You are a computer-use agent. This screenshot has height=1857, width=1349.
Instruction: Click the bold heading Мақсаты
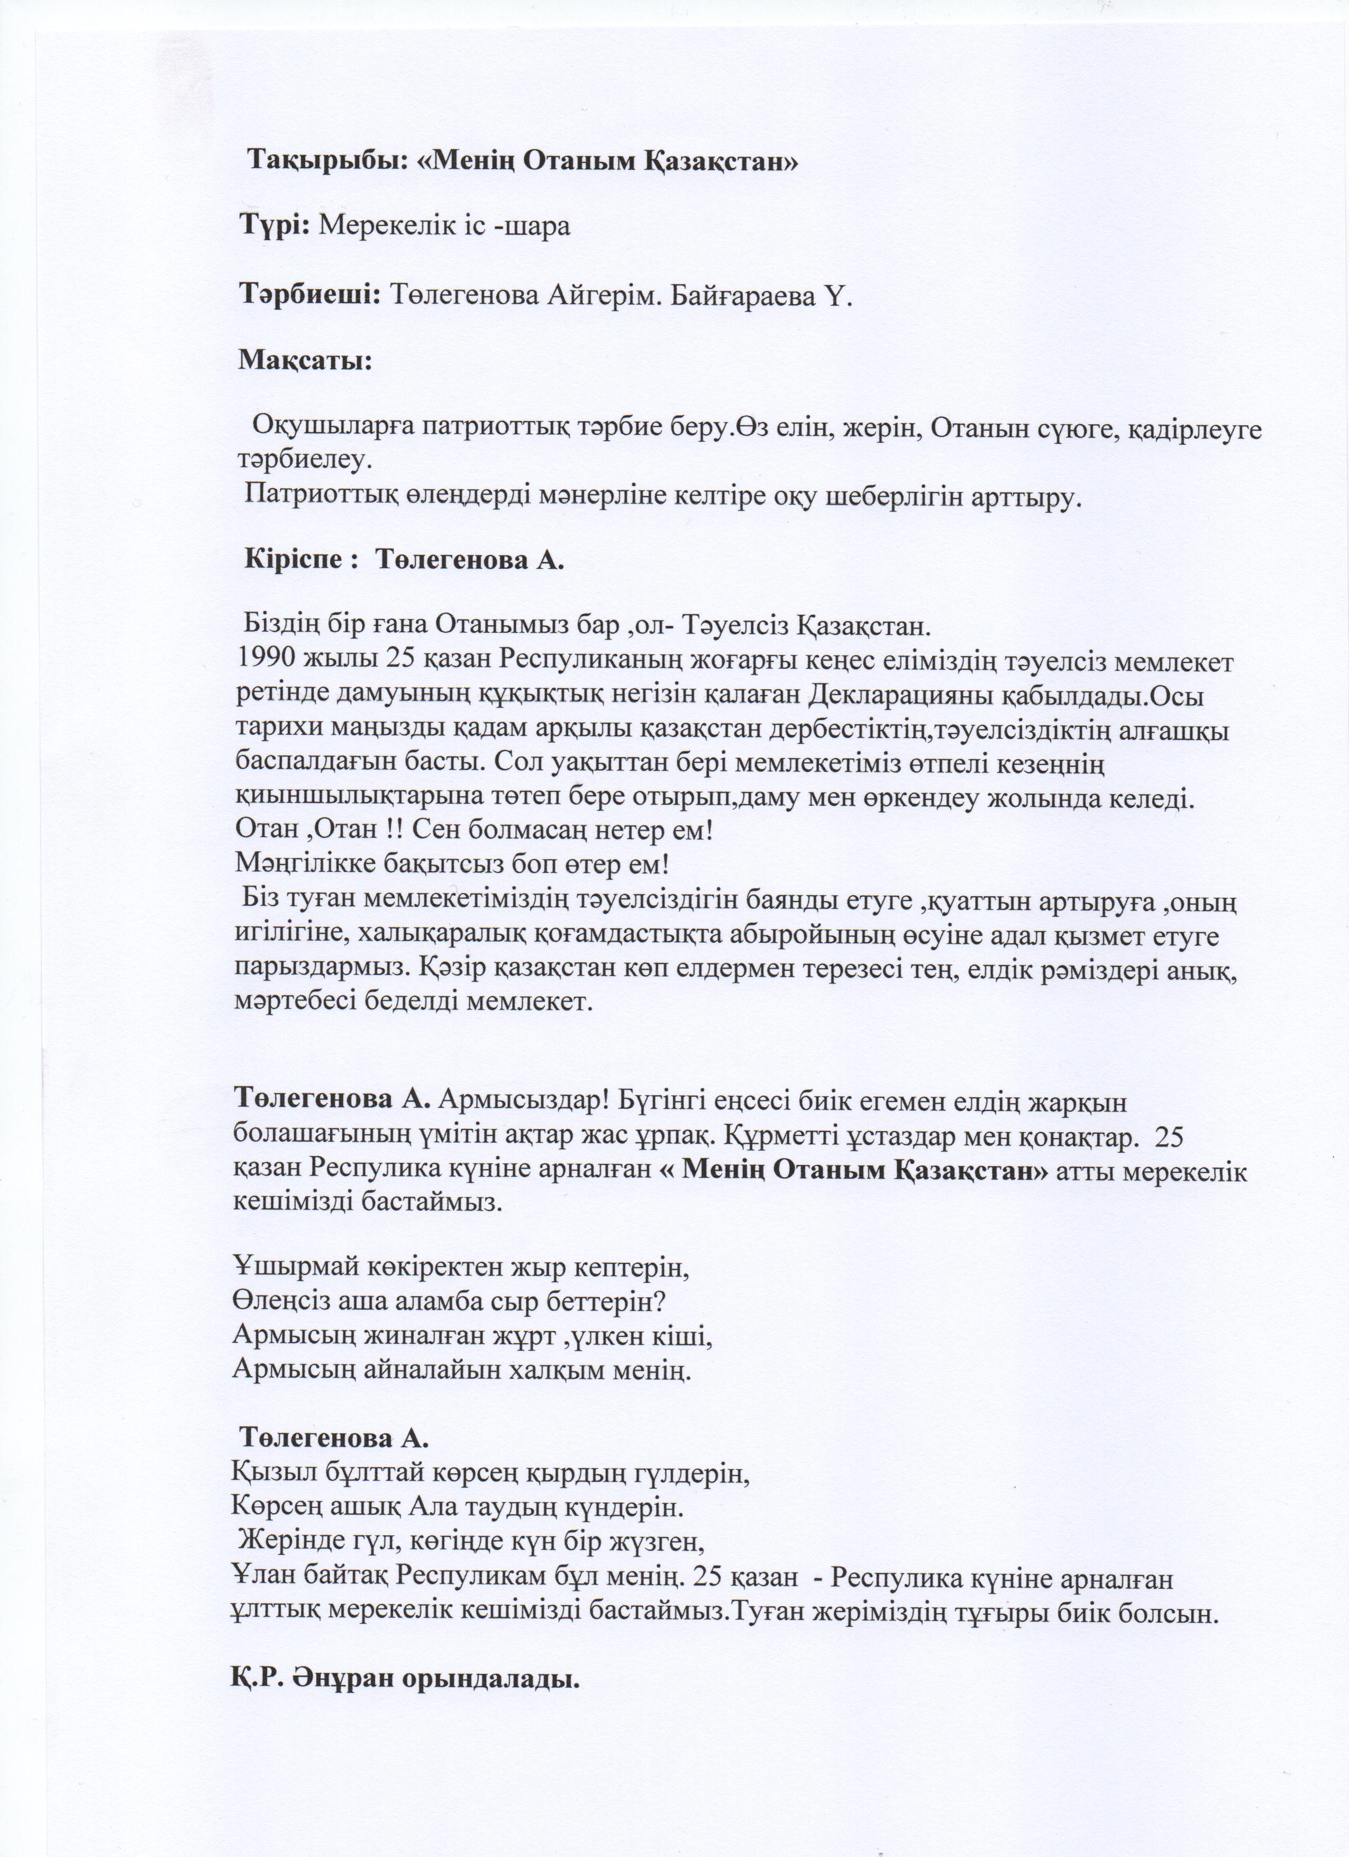[x=305, y=360]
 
